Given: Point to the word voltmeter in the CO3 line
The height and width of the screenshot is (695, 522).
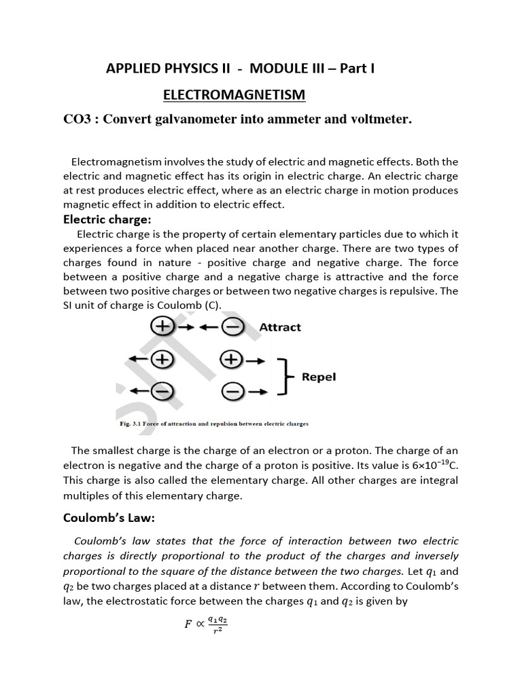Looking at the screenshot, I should [377, 120].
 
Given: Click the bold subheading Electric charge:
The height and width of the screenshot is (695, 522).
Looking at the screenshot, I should [107, 219].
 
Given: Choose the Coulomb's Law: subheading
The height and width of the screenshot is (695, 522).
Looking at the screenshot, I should [109, 518].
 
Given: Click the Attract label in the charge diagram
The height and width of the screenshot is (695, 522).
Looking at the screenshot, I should [280, 327].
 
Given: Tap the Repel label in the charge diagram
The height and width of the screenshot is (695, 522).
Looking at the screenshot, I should [319, 376].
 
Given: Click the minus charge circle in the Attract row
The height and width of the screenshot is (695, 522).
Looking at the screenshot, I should [232, 328].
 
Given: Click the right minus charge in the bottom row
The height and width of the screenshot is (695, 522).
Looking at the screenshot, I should [232, 392].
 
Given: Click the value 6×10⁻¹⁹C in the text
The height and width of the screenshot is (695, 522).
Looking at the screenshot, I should [429, 466].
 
